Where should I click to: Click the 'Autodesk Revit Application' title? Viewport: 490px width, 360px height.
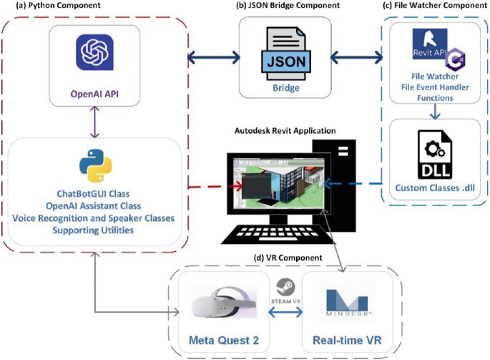285,131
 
